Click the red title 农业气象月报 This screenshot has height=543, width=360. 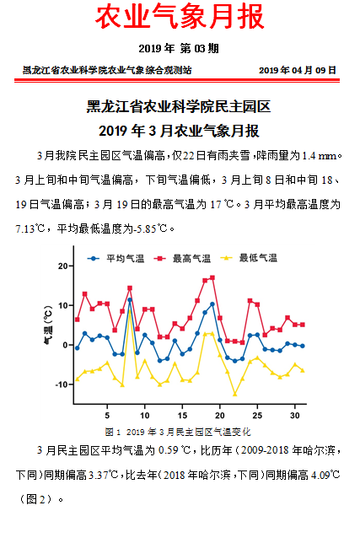click(x=179, y=17)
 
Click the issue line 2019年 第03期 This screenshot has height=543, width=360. click(x=179, y=48)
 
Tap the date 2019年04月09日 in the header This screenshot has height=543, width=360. click(x=297, y=70)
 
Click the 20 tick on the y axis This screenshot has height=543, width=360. click(x=62, y=266)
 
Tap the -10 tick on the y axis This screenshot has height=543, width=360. click(x=60, y=384)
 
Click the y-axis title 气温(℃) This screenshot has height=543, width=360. click(x=47, y=325)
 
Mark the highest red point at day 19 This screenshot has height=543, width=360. click(x=212, y=277)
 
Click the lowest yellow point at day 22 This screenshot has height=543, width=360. click(x=234, y=394)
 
